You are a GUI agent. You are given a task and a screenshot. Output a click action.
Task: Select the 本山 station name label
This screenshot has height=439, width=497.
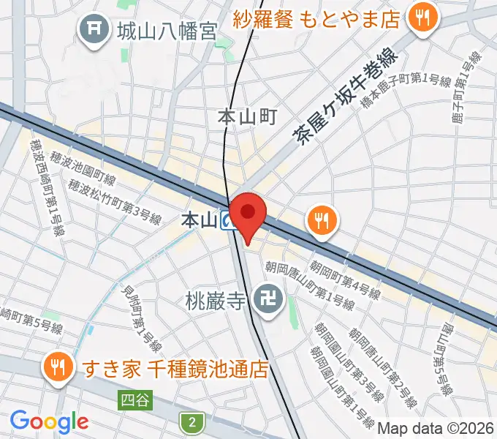[199, 219]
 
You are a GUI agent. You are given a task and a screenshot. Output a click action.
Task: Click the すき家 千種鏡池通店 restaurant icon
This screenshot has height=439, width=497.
[56, 367]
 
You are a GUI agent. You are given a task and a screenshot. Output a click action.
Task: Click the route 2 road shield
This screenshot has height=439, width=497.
[191, 421]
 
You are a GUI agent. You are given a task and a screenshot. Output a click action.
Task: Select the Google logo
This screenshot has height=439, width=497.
[49, 421]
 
